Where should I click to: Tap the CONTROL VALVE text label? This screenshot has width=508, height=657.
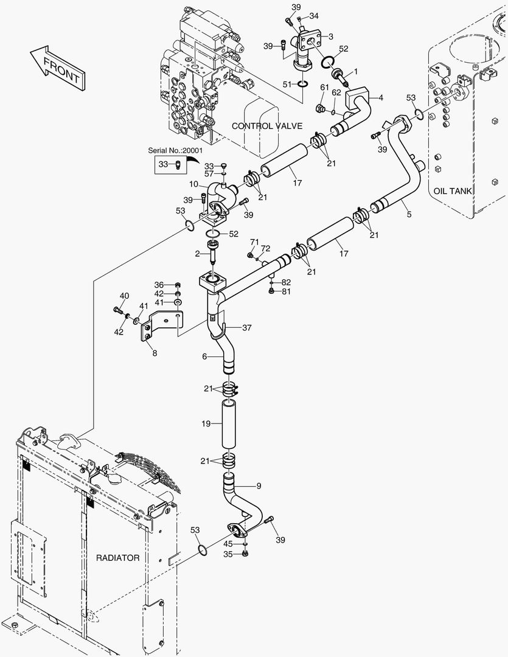coord(267,126)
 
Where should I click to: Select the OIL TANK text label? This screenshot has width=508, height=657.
coord(453,191)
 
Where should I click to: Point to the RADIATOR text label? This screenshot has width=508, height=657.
coord(118,557)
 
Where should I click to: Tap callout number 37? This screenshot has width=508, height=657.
coord(246,328)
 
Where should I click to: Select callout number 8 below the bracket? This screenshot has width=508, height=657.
coord(155,352)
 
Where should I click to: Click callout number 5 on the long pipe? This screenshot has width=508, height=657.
coord(409,214)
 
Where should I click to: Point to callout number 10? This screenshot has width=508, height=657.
coord(193,184)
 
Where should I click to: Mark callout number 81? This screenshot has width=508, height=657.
coord(286,291)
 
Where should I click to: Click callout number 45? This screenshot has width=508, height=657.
coord(228,543)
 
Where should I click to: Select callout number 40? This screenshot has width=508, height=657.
coord(124,296)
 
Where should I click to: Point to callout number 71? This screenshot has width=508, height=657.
coord(254,242)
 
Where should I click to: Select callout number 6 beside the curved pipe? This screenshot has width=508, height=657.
coord(205,357)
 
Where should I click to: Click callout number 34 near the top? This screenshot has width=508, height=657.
coord(313,15)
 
